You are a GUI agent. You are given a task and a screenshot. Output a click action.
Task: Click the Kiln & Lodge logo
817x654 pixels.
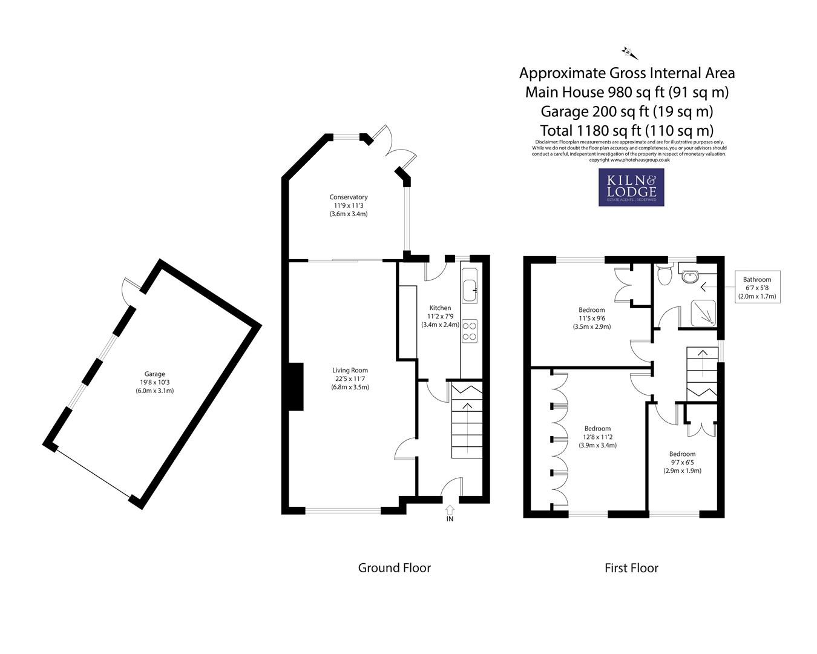click(631, 187)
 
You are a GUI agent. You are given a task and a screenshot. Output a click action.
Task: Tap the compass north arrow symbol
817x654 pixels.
click(629, 52)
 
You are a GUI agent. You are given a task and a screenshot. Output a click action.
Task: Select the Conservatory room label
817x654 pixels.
click(348, 205)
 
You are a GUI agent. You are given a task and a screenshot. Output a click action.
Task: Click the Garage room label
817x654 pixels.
click(154, 382)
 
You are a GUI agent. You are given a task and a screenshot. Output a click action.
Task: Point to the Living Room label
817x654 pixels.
click(350, 378)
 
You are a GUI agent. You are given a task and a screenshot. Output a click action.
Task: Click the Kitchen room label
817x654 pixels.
click(440, 316)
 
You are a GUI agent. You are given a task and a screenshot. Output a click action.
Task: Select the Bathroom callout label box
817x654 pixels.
click(756, 288)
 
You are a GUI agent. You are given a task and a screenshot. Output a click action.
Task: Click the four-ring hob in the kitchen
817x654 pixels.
click(469, 331)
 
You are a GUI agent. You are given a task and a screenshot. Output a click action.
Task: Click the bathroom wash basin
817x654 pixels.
click(689, 276)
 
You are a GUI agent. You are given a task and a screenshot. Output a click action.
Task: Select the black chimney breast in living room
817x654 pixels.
click(295, 387)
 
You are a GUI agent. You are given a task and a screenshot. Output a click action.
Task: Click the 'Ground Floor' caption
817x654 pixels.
click(395, 568)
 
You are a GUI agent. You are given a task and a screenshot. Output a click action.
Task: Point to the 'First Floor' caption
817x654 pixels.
click(631, 568)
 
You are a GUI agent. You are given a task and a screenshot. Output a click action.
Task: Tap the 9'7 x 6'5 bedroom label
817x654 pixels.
click(682, 462)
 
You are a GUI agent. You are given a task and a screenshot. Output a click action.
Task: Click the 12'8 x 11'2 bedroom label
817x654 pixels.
click(597, 437)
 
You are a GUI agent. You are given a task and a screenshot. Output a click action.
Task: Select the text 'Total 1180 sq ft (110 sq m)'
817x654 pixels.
click(626, 130)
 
